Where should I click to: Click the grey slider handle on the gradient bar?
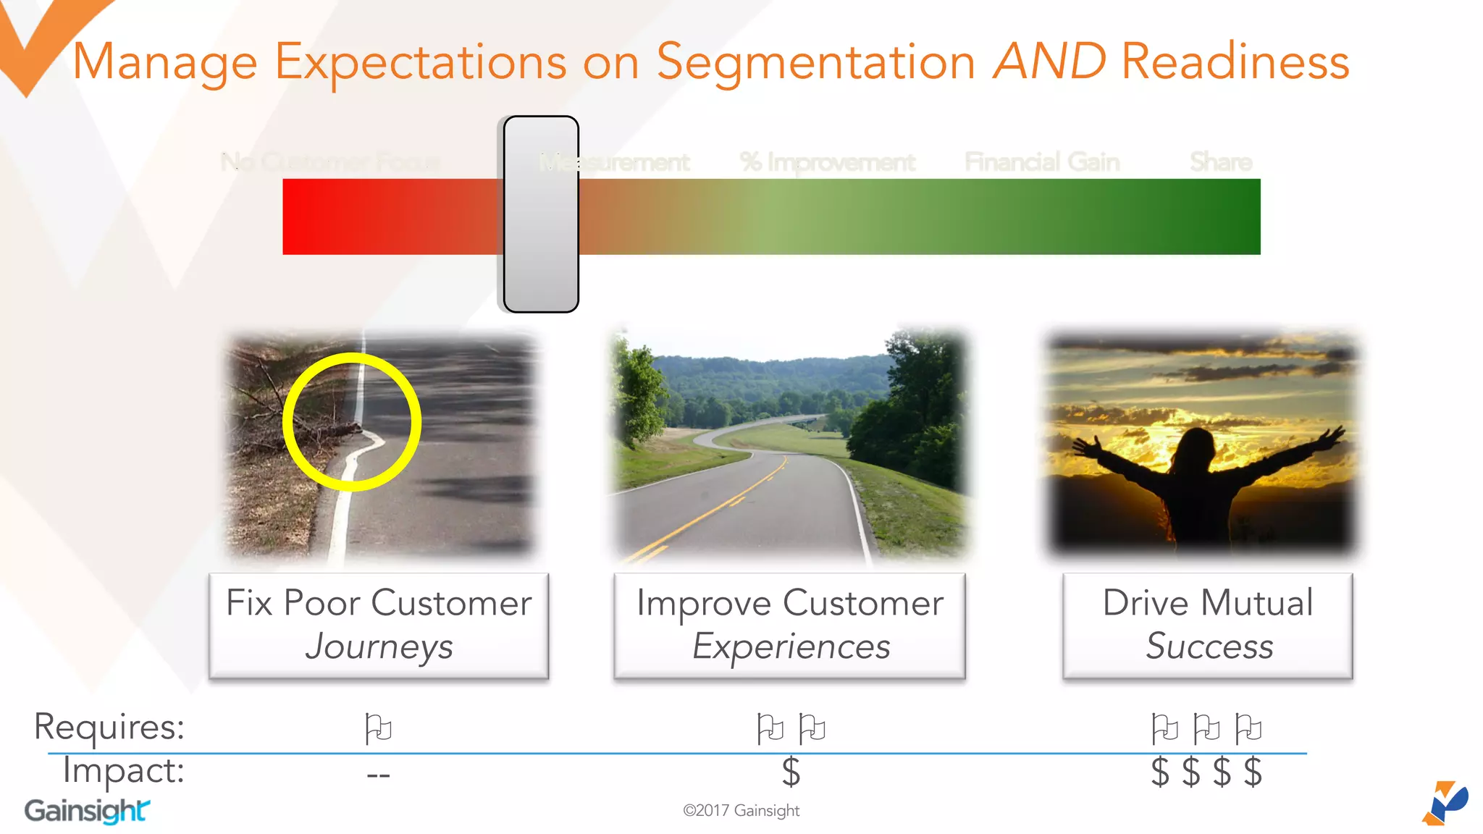(541, 214)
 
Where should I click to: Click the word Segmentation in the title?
(815, 62)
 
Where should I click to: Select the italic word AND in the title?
(1049, 62)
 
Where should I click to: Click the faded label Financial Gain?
(1042, 162)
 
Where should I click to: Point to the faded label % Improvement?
(827, 162)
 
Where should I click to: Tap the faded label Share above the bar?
(1221, 162)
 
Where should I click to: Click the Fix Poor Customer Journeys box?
(379, 625)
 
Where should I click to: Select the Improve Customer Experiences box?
(789, 625)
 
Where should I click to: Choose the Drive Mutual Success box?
(1207, 625)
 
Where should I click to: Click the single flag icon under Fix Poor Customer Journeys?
(378, 728)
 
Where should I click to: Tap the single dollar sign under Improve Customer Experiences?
(791, 772)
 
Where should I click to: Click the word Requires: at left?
(109, 727)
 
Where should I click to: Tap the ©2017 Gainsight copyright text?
(741, 811)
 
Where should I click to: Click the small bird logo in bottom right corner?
(1445, 803)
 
